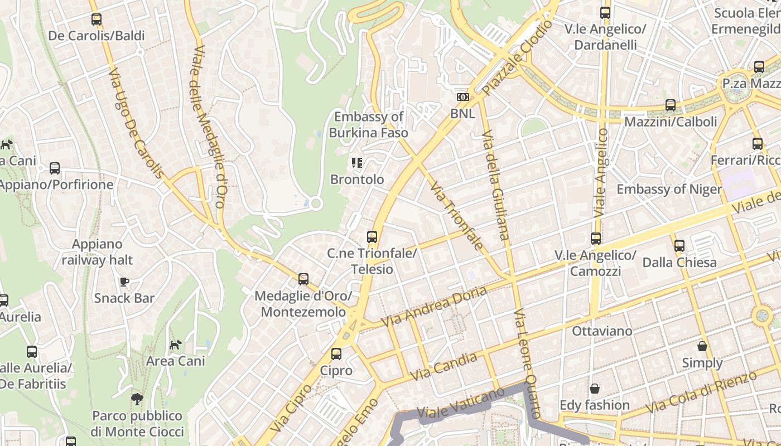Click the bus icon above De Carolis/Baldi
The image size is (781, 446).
[x=97, y=20]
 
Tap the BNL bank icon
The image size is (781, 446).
[x=462, y=97]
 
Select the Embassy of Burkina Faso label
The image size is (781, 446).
[x=368, y=125]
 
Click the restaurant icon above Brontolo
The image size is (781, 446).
[x=357, y=163]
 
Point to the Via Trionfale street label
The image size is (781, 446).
[x=456, y=215]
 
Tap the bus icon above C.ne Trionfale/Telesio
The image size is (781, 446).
[x=372, y=237]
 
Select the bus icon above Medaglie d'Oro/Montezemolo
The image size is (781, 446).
[x=303, y=279]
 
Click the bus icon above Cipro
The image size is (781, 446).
[x=336, y=354]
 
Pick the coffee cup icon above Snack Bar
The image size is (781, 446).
[x=124, y=282]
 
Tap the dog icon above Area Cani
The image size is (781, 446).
[x=176, y=345]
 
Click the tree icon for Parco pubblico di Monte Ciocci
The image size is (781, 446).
[x=137, y=399]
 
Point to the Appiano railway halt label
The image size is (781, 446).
[x=97, y=252]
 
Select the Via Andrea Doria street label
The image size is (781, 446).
[x=433, y=307]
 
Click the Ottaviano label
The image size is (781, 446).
[x=602, y=331]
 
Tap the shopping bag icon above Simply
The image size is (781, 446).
[x=702, y=346]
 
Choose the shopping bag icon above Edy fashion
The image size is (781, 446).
[x=595, y=389]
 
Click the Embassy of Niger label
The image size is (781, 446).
[x=669, y=189]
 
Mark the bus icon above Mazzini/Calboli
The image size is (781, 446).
[x=671, y=105]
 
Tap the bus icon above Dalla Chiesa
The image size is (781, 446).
[x=679, y=246]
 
